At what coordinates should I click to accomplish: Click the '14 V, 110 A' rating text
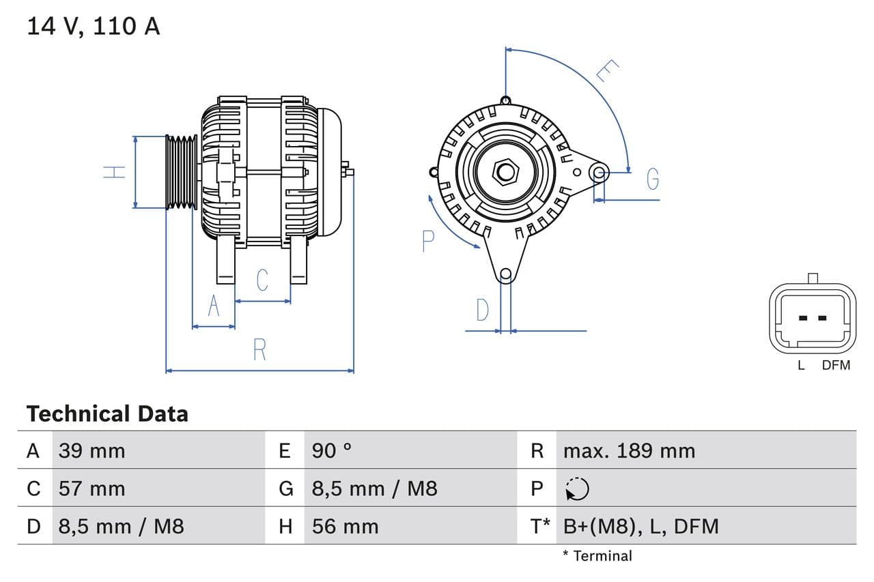pos(94,26)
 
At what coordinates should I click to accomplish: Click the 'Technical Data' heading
pos(107,413)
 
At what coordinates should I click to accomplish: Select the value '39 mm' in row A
pos(91,450)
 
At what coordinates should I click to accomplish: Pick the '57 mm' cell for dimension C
pos(91,489)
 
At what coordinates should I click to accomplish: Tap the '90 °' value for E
pos(332,450)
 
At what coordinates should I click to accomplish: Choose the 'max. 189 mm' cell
pos(629,450)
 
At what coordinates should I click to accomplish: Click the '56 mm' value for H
pos(345,526)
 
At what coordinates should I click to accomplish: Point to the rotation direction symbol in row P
pos(577,489)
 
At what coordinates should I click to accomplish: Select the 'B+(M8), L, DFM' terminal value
pos(640,526)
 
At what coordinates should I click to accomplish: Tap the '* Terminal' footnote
pos(597,555)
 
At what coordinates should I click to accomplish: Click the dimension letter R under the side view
pos(259,349)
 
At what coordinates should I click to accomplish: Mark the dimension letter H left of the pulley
pos(115,171)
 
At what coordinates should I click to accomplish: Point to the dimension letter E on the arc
pos(606,70)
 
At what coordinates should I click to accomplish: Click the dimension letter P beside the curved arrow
pos(428,241)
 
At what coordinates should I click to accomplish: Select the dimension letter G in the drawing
pos(653,179)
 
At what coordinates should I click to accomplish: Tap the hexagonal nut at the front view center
pos(505,171)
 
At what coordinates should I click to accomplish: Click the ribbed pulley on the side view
pos(182,171)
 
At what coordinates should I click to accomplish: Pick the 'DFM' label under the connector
pos(836,365)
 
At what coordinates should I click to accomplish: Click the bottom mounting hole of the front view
pos(505,274)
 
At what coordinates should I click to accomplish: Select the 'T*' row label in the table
pos(541,526)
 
